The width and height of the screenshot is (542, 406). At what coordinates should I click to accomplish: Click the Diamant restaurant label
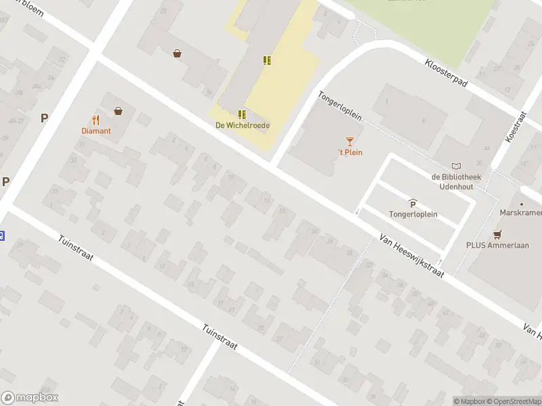coord(96,131)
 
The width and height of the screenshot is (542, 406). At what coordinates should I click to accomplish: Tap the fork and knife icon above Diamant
coord(96,120)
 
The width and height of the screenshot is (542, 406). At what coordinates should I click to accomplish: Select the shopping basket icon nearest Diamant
coord(119,110)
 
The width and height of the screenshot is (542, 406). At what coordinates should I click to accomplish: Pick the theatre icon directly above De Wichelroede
coord(242,114)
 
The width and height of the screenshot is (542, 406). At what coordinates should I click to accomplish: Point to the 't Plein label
coord(350,152)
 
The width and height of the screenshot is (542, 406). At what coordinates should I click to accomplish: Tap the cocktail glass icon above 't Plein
coord(350,141)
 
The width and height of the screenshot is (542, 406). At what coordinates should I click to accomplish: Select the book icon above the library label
coord(456,166)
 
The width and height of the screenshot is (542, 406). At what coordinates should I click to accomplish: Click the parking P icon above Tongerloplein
coord(413,204)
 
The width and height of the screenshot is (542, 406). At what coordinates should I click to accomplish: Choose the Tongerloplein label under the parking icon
coord(413,215)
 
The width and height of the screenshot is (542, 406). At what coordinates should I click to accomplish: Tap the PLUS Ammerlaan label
coord(497,246)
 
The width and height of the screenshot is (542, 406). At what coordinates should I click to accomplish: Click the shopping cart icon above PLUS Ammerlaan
coord(498,235)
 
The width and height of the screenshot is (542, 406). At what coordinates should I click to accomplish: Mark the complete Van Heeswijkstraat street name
coord(412,256)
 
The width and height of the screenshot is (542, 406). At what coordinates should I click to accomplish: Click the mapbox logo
coord(30,398)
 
